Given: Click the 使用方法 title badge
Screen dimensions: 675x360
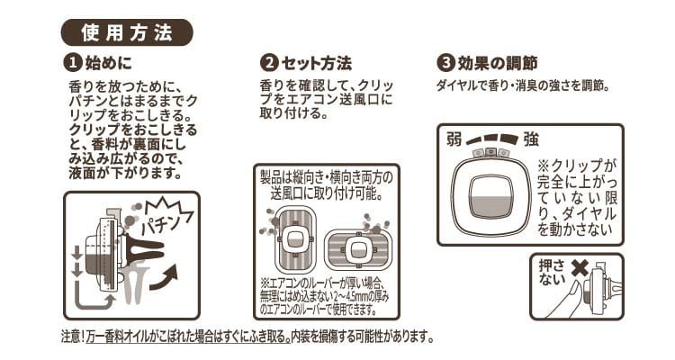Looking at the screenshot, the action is click(127, 32).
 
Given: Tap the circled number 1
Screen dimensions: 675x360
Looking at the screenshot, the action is click(72, 63).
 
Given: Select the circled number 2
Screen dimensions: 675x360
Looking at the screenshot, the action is click(269, 63).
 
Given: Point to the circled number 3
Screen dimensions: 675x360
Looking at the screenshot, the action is click(445, 63).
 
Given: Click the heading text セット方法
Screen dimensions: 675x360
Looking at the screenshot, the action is click(317, 64).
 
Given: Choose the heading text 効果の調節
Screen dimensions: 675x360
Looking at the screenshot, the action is click(498, 64).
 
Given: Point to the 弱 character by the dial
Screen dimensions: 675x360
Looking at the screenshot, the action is click(454, 139).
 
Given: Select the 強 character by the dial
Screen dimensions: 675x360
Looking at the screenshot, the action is click(531, 139).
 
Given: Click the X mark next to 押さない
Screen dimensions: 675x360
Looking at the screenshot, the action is click(580, 269).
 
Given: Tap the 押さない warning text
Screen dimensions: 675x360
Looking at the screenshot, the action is click(553, 272).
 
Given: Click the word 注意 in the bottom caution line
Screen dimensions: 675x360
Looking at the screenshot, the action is click(70, 336).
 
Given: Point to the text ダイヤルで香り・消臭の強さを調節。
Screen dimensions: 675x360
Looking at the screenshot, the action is click(524, 85).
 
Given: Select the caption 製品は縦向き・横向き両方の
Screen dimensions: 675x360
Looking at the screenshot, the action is click(327, 177).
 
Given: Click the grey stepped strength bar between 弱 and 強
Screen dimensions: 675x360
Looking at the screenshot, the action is click(492, 139).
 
